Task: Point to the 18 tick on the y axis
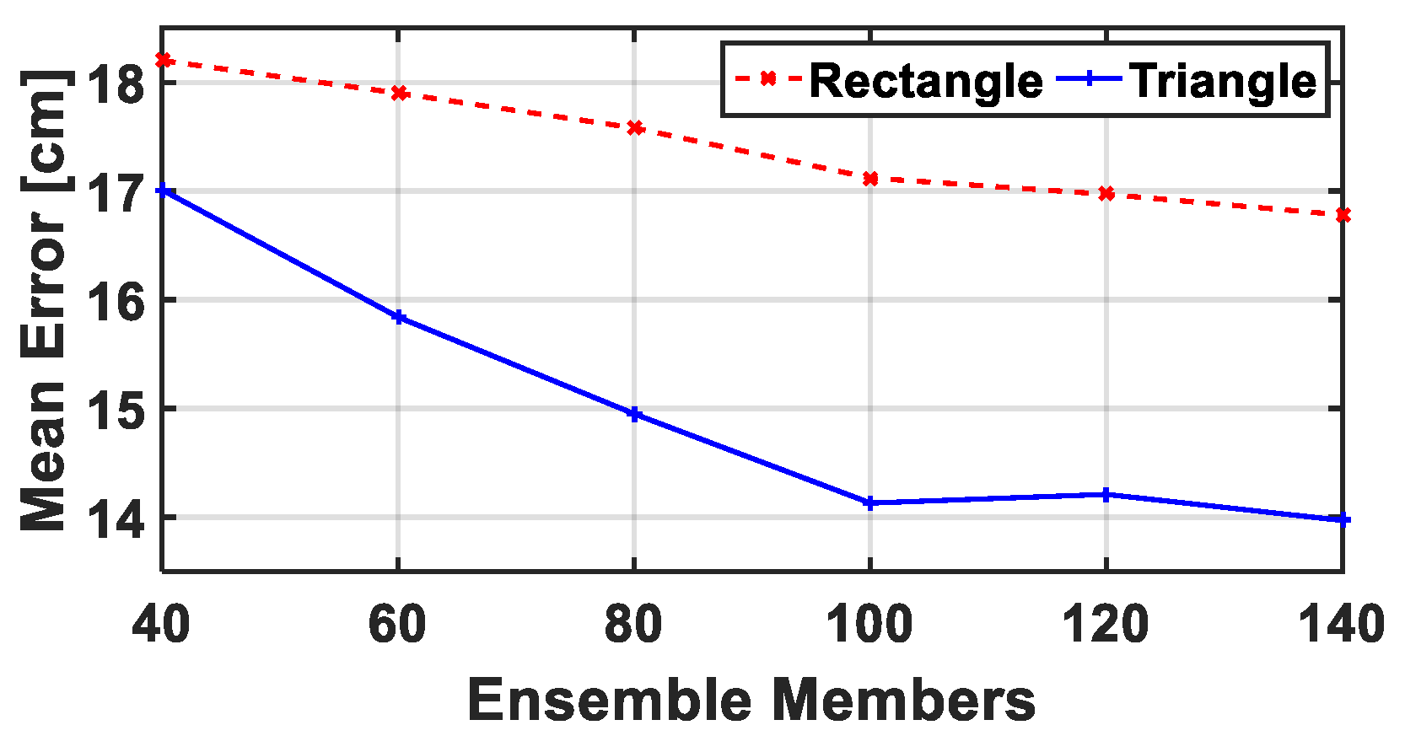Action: pyautogui.click(x=117, y=83)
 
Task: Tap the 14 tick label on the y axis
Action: pyautogui.click(x=117, y=517)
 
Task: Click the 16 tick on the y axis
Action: pyautogui.click(x=117, y=300)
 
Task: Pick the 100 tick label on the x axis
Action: pyautogui.click(x=869, y=626)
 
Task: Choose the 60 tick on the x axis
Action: pyautogui.click(x=397, y=626)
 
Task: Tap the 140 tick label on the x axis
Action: pyautogui.click(x=1341, y=626)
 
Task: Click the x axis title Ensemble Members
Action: pyautogui.click(x=751, y=701)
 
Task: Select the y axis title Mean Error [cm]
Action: pyautogui.click(x=44, y=300)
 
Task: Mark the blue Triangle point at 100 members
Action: pyautogui.click(x=870, y=502)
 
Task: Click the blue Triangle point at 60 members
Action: pyautogui.click(x=399, y=318)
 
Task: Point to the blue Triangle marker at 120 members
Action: pyautogui.click(x=1106, y=494)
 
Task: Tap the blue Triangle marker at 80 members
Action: pyautogui.click(x=635, y=414)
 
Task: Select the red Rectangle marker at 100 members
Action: pyautogui.click(x=870, y=179)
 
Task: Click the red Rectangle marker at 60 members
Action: pyautogui.click(x=400, y=93)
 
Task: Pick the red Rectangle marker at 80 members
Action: pyautogui.click(x=635, y=128)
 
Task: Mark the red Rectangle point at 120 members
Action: pyautogui.click(x=1106, y=194)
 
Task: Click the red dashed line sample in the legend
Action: pyautogui.click(x=767, y=79)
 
